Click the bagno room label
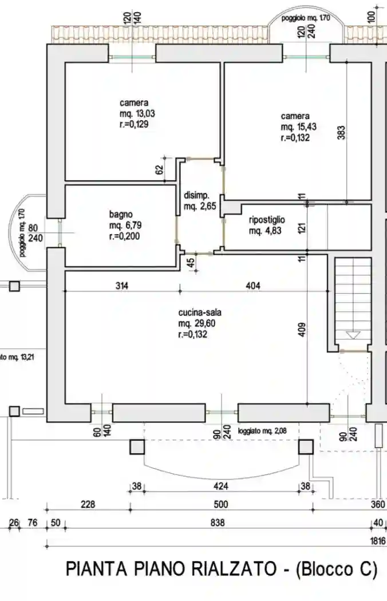[121, 215]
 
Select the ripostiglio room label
[267, 220]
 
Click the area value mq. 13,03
[137, 113]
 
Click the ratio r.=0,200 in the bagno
[125, 236]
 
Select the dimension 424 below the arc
[221, 487]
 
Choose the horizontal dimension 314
[120, 286]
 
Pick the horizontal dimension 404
[252, 286]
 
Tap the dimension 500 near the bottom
[221, 505]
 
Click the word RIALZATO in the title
[220, 570]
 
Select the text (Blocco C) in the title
[337, 570]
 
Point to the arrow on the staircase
[353, 335]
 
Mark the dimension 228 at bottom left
[88, 505]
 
